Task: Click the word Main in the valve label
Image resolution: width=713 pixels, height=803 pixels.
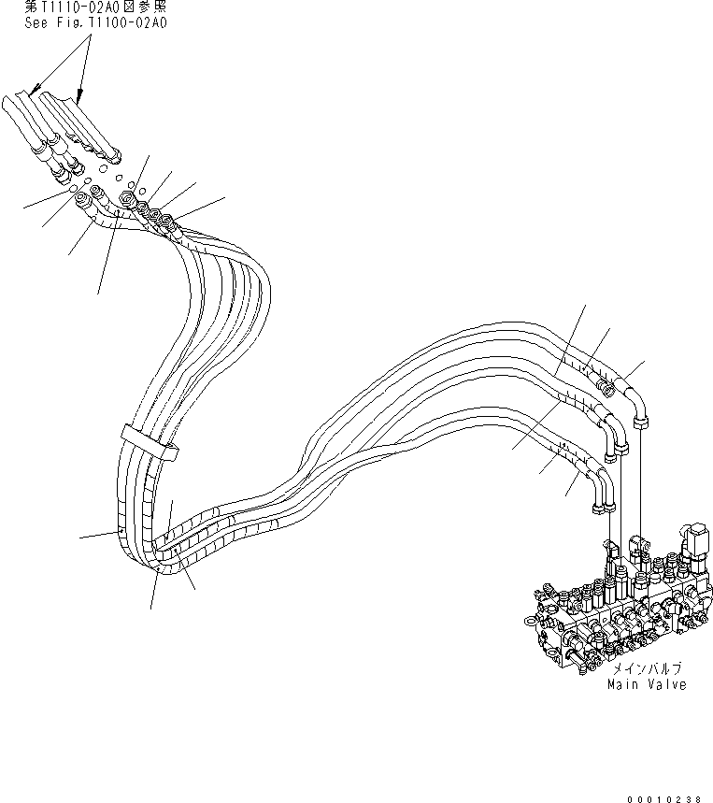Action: pos(623,684)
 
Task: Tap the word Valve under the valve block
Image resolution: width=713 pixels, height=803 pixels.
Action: pos(665,684)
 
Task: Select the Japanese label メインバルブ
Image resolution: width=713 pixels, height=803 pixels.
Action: pos(647,669)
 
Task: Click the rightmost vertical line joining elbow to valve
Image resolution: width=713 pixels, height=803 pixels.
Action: pos(641,481)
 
